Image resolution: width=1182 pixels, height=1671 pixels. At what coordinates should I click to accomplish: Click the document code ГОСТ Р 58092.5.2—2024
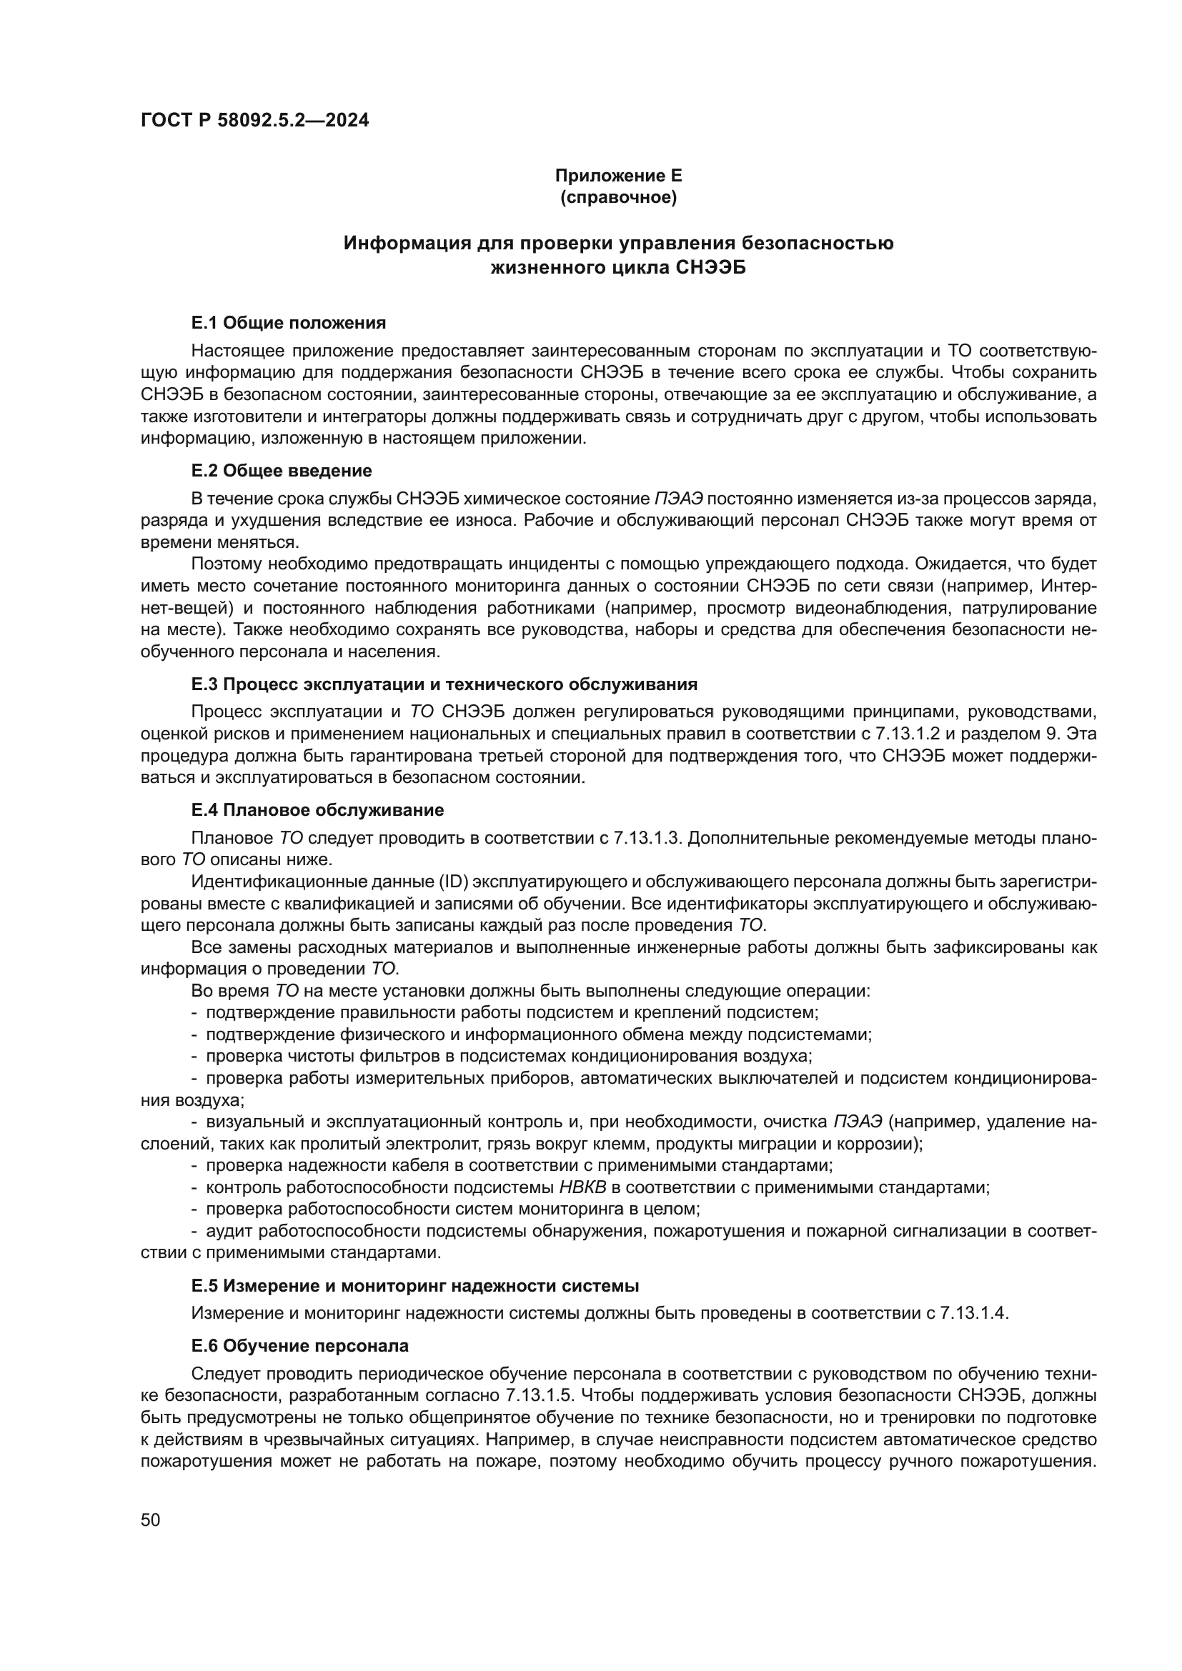pyautogui.click(x=254, y=120)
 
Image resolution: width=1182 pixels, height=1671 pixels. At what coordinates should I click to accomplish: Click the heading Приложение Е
pyautogui.click(x=618, y=176)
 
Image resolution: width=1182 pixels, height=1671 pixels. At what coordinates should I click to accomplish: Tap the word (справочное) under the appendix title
pyautogui.click(x=618, y=197)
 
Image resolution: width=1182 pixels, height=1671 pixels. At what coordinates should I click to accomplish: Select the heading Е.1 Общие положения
pyautogui.click(x=288, y=322)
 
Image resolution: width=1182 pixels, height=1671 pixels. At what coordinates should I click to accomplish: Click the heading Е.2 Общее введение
pyautogui.click(x=281, y=470)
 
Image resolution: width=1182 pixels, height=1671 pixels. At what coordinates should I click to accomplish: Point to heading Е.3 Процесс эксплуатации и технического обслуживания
pyautogui.click(x=444, y=684)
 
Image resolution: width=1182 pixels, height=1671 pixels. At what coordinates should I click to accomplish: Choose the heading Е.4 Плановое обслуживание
pyautogui.click(x=317, y=810)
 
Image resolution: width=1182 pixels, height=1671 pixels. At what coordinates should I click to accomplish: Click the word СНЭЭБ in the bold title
pyautogui.click(x=711, y=269)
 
